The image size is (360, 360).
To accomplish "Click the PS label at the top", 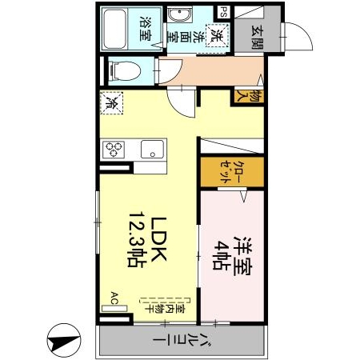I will point(223,11).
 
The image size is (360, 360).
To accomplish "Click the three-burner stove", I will point(113,149).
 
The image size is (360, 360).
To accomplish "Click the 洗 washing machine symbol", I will point(216,36).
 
